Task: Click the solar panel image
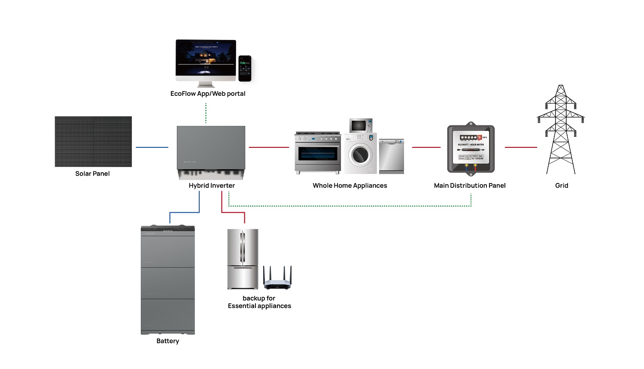93,141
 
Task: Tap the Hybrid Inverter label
212,186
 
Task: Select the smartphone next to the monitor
245,68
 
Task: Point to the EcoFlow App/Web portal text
208,94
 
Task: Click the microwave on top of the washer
361,125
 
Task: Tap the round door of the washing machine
360,155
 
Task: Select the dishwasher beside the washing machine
391,156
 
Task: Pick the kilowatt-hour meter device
471,149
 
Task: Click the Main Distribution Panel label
470,186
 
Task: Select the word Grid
562,186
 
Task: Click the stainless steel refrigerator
243,259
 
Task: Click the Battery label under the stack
167,341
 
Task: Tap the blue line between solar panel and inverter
152,147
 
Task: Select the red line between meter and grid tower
521,147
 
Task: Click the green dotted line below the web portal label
206,113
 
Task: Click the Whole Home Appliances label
350,186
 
